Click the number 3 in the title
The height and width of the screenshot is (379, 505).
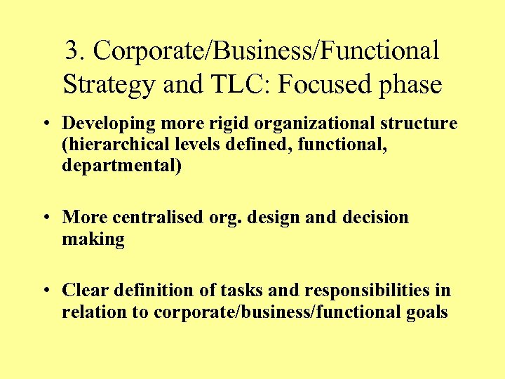tap(72, 51)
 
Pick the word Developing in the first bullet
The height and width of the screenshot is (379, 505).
tap(105, 124)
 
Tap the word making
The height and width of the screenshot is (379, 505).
tap(93, 240)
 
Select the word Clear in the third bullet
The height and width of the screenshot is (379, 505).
tap(84, 290)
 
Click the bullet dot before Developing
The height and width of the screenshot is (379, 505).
tap(46, 124)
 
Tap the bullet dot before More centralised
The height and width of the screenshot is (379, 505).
tap(46, 218)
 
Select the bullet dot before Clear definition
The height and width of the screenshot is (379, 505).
tap(46, 291)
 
